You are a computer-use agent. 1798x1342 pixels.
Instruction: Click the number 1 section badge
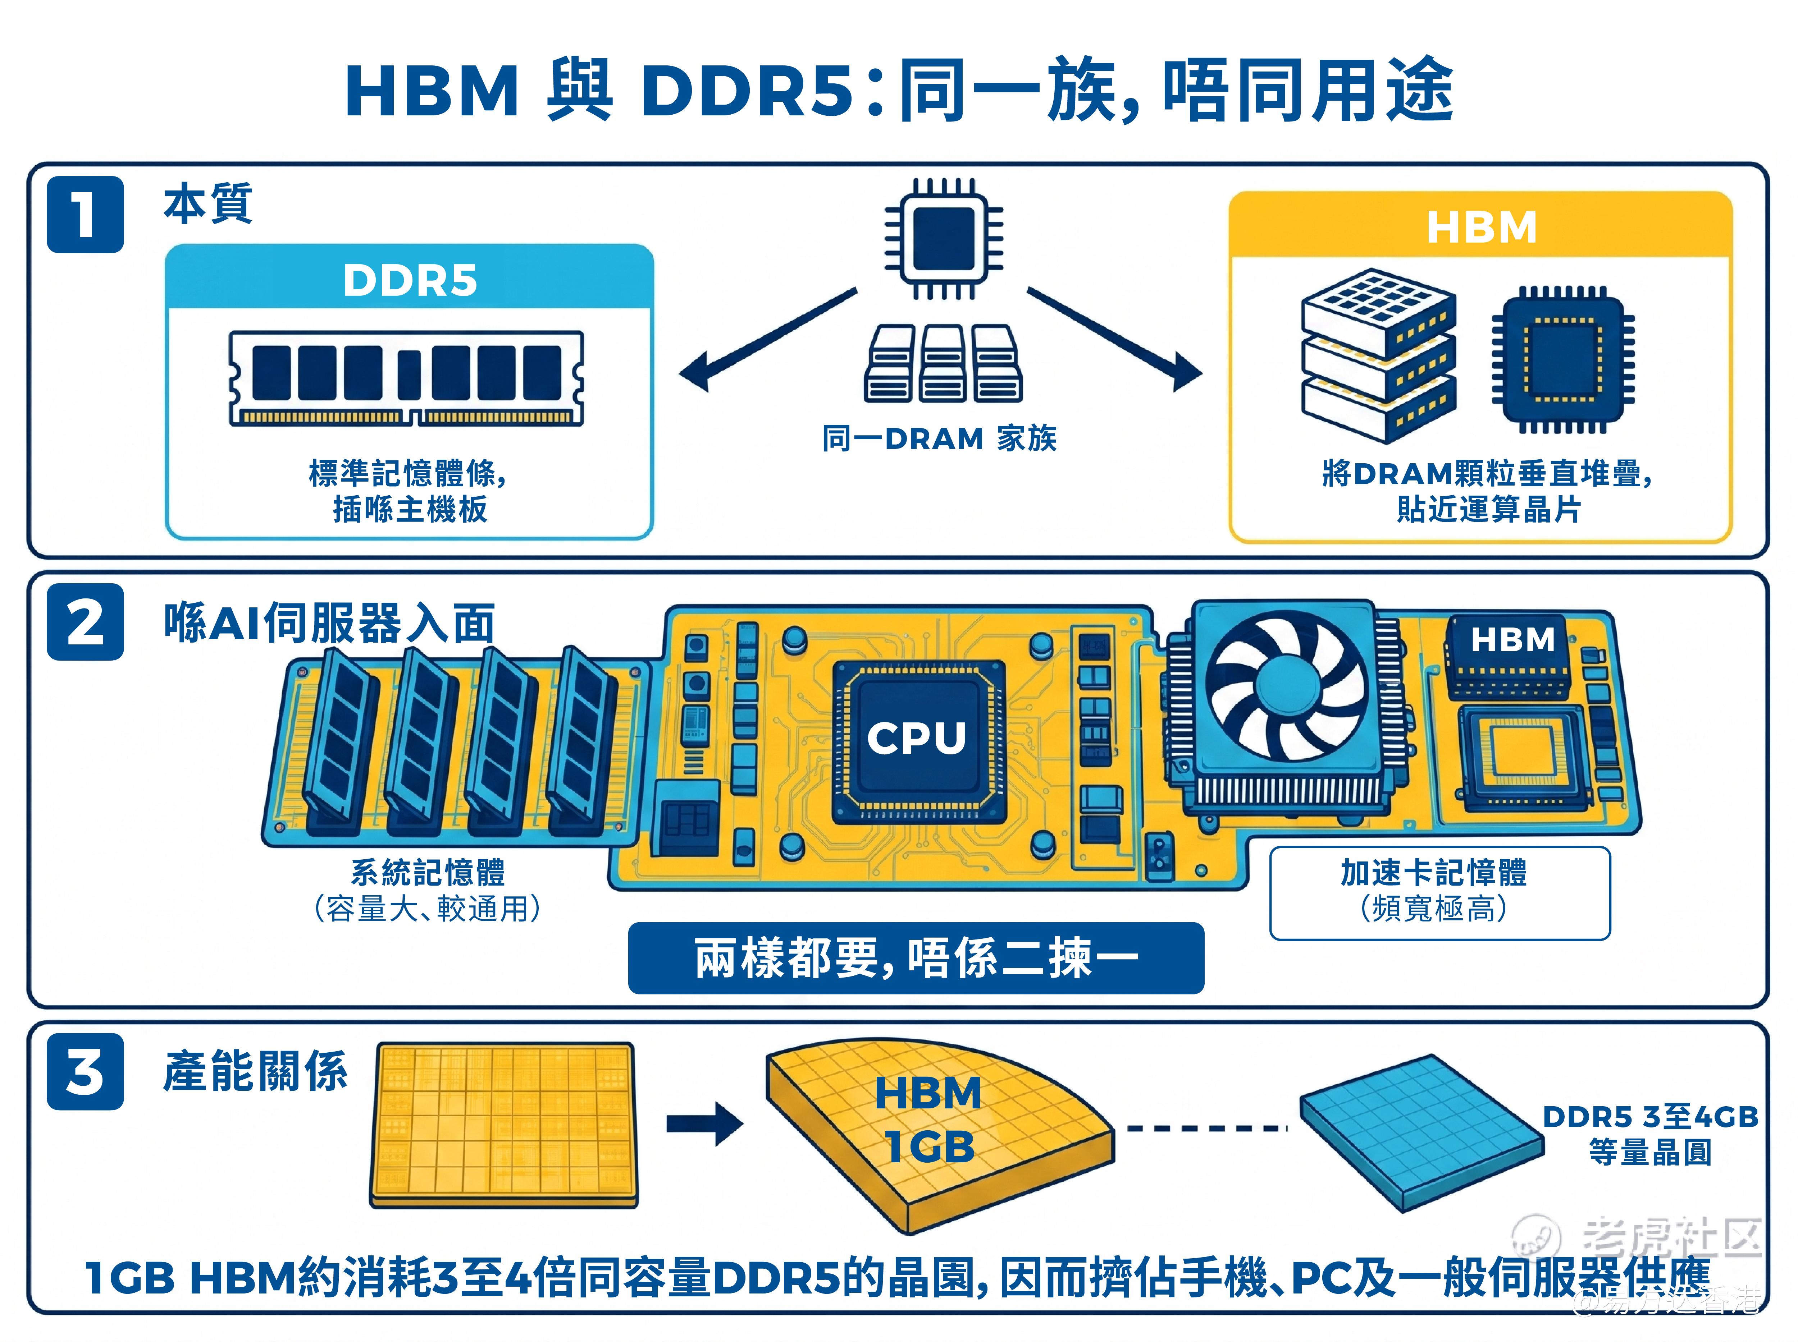85,215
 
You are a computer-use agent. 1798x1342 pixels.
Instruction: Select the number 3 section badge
85,1071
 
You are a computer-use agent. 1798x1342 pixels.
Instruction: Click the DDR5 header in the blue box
410,280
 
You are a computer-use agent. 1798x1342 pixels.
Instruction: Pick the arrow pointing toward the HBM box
1115,340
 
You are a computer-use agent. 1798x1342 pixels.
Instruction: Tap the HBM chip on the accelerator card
1506,656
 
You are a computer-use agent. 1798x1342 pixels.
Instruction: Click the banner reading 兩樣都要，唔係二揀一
916,958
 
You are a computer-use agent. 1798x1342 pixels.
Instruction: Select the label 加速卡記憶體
1434,873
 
